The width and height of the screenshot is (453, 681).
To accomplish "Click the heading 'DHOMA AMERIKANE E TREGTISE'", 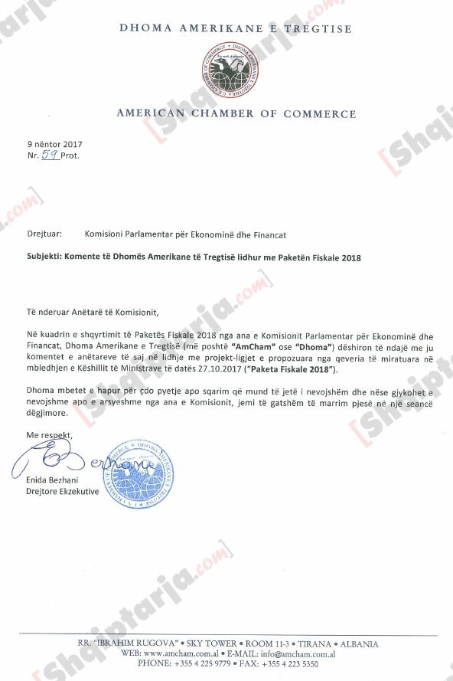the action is point(236,29).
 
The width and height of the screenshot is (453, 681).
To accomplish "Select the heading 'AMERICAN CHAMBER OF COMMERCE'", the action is point(236,114).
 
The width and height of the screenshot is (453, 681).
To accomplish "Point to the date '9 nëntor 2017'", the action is point(54,144).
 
